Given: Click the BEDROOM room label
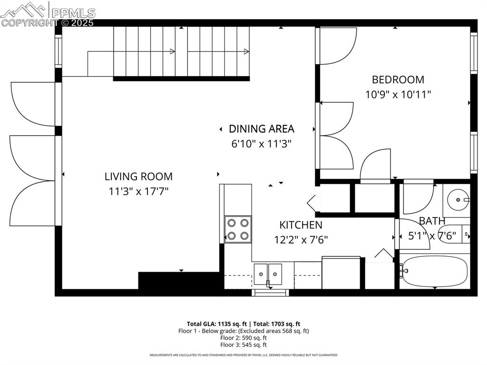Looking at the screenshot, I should point(398,79).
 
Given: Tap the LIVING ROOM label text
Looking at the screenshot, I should point(138,177).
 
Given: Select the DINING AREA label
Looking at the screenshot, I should point(261,128).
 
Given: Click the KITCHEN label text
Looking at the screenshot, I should point(301,225).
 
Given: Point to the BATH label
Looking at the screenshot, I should point(432,221).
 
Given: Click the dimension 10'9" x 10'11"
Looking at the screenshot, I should point(398,94).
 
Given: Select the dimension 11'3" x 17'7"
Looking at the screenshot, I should point(138,191).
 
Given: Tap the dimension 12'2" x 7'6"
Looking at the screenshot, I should point(301,239).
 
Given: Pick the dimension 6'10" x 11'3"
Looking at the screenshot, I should point(261,143).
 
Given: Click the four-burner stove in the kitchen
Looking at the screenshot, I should point(238,229).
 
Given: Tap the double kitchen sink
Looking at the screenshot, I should point(268,273).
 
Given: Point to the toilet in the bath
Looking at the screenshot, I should point(454,235).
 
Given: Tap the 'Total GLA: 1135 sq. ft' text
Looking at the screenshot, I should point(215,324).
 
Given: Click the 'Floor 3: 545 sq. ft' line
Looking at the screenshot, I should point(243,345).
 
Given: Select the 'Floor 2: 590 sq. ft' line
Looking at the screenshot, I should point(243,338).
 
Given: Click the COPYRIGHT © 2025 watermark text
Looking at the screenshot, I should point(48,22).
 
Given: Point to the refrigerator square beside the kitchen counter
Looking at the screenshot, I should point(341,272).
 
